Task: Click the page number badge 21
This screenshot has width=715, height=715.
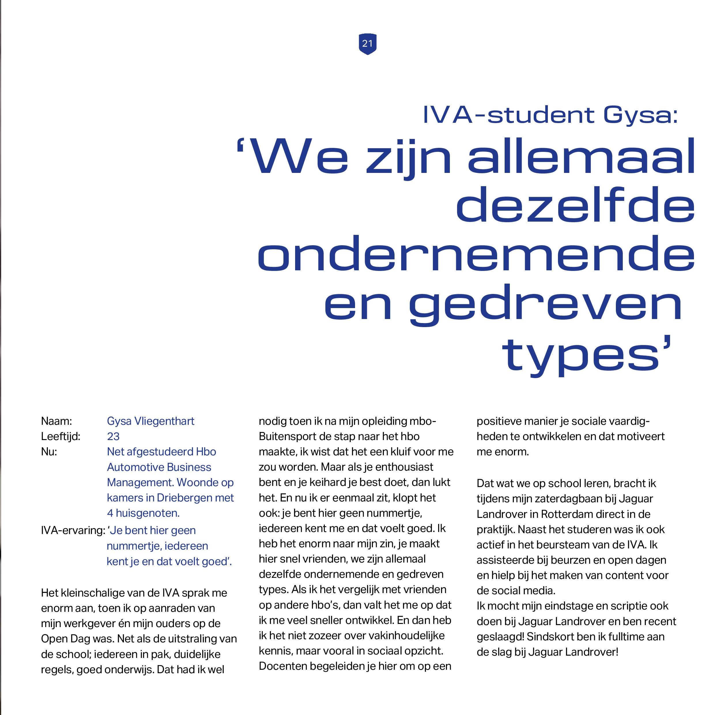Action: pyautogui.click(x=367, y=44)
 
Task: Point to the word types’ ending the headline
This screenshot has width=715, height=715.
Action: pyautogui.click(x=586, y=355)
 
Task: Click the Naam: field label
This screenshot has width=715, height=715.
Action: pyautogui.click(x=56, y=421)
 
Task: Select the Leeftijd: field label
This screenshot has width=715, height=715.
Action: pyautogui.click(x=60, y=436)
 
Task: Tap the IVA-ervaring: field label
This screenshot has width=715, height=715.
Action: pyautogui.click(x=73, y=530)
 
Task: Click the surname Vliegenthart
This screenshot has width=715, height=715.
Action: pyautogui.click(x=164, y=421)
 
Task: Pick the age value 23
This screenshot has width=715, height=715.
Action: pyautogui.click(x=113, y=436)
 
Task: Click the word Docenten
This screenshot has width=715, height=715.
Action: pyautogui.click(x=283, y=666)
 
